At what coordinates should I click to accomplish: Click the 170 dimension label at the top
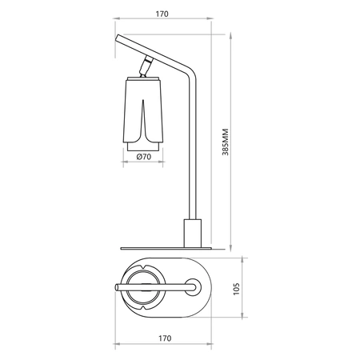[x=162, y=14]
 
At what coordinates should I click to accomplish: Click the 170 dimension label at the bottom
[x=165, y=338]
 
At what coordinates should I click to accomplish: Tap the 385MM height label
[x=226, y=142]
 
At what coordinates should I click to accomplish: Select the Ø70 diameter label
[x=144, y=157]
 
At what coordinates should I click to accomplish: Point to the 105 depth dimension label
[x=237, y=289]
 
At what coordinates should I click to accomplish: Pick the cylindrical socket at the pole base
[x=193, y=234]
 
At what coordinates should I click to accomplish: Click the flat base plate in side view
[x=166, y=249]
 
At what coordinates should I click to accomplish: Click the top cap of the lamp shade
[x=143, y=78]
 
